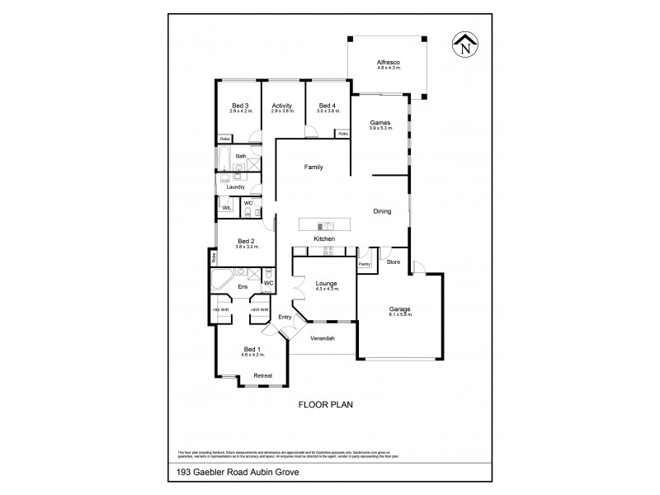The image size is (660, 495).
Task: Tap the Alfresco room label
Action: tap(387, 63)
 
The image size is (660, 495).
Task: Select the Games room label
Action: tap(380, 122)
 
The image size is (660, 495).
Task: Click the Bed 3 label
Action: tap(240, 106)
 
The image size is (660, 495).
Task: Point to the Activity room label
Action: tap(283, 106)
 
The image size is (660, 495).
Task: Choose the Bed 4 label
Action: tap(328, 106)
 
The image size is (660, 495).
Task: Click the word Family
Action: tap(313, 167)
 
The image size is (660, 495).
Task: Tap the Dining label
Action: tap(381, 211)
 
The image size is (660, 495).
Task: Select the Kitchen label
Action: tap(323, 238)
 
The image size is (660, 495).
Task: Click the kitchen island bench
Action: tap(323, 224)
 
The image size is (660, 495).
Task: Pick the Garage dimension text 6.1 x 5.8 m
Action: tap(399, 314)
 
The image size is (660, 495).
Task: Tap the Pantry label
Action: tap(364, 265)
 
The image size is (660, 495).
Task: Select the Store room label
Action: tap(393, 262)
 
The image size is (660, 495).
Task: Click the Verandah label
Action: tap(321, 338)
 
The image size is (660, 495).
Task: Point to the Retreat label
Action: tap(262, 375)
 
